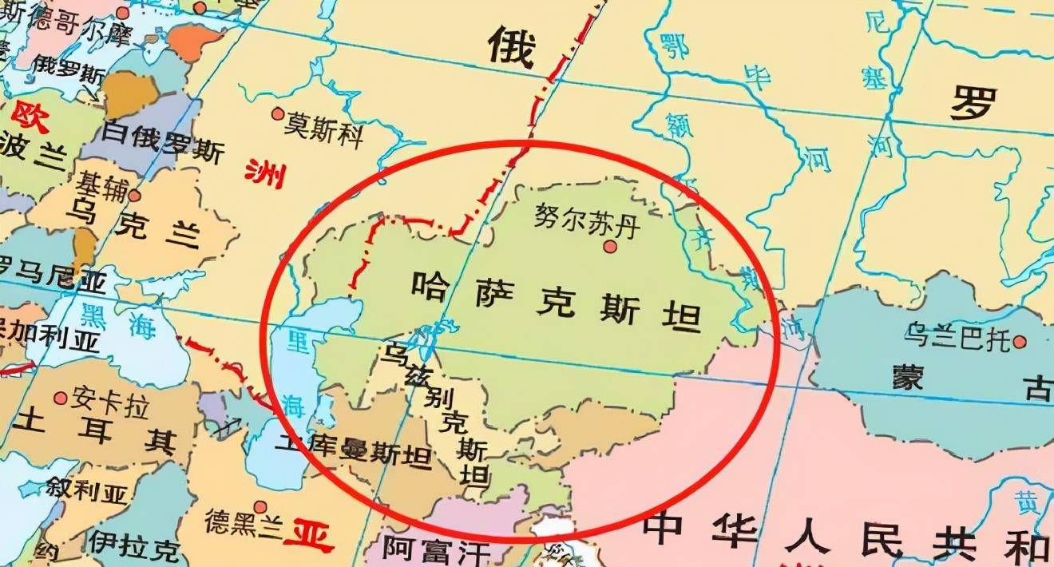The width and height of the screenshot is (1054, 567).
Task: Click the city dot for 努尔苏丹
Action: click(611, 248)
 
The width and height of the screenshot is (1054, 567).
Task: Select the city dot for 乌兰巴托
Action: click(1019, 343)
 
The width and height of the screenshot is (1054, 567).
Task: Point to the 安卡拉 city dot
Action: click(61, 398)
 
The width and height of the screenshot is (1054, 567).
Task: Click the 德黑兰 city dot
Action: click(260, 507)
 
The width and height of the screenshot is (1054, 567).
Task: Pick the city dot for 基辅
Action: click(134, 196)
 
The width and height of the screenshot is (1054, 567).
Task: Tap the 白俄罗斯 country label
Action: click(164, 145)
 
